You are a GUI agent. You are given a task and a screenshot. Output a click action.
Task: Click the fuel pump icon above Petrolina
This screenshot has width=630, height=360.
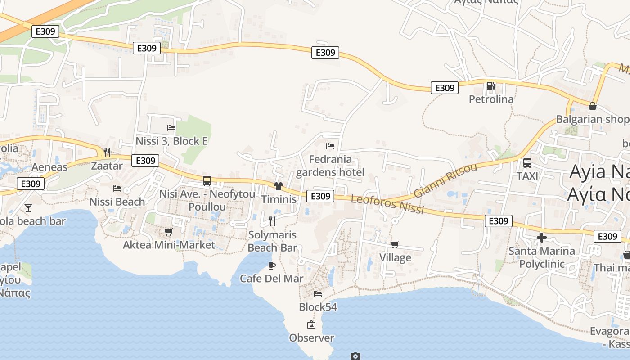pos(490,85)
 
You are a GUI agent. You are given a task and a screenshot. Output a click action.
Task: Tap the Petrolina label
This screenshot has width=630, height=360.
pos(491,99)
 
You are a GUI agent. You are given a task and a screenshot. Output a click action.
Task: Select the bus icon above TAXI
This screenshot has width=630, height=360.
pos(527,163)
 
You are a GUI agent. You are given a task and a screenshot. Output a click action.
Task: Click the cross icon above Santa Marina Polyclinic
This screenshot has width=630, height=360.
pos(542,237)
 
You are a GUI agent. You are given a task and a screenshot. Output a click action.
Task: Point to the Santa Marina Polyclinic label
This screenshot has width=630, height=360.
pos(542,257)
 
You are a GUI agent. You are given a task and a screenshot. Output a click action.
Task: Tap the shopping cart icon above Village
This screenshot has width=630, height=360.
pos(395,244)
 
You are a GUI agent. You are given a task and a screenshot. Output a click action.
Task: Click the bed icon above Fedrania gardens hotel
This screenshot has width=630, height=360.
pos(330,146)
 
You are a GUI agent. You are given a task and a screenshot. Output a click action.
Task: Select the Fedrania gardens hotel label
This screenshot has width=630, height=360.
pos(330,166)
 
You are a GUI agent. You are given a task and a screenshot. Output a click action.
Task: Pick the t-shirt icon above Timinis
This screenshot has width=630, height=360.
pos(278,186)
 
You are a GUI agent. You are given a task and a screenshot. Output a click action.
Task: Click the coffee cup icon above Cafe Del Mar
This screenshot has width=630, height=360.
pos(272,265)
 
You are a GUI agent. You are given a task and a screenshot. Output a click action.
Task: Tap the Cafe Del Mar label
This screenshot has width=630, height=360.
pos(271,279)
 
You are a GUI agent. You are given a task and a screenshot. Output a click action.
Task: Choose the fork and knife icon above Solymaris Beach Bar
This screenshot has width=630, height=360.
pos(272,221)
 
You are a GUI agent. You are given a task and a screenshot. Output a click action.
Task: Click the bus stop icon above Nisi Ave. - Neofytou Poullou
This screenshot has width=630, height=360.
pos(207,181)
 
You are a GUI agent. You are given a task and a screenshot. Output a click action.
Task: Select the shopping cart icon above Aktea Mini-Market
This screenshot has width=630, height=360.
pos(169,232)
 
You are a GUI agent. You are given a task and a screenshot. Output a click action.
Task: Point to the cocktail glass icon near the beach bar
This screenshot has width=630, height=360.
pos(28,207)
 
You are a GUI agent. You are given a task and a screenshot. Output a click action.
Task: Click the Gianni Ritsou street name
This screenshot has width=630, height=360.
pos(445,180)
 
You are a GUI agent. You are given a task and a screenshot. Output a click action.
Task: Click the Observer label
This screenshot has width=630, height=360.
pos(311,338)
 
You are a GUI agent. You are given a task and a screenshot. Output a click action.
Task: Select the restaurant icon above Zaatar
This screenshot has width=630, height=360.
pos(107,153)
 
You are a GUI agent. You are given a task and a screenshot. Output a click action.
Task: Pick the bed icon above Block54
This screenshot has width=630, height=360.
pos(318,294)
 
